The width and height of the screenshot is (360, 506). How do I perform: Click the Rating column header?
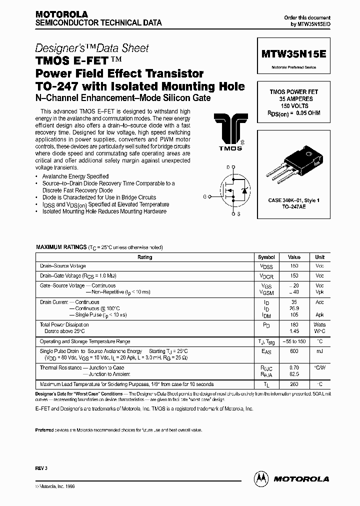click(145, 257)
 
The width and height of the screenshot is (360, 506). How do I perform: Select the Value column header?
click(294, 257)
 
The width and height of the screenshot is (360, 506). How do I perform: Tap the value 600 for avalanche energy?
click(294, 351)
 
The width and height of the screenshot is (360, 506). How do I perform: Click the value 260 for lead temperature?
click(294, 384)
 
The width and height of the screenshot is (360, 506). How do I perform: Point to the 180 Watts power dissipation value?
click(294, 324)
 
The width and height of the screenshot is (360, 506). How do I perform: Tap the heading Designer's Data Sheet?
click(92, 48)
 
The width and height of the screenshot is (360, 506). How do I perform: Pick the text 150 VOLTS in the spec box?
click(294, 106)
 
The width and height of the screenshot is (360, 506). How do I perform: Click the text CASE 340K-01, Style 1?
click(294, 200)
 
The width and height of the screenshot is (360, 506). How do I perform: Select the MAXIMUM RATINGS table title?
click(61, 247)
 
